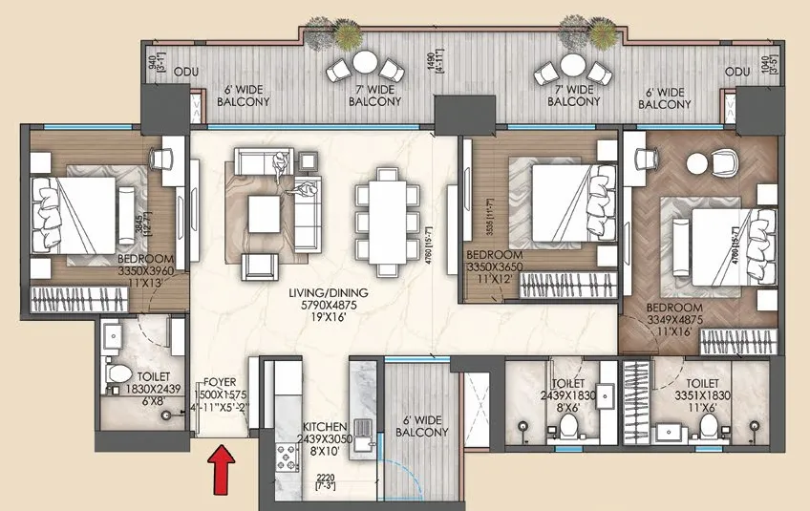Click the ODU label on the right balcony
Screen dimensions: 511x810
coord(736,72)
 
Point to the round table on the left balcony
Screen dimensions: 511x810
coord(365,63)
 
